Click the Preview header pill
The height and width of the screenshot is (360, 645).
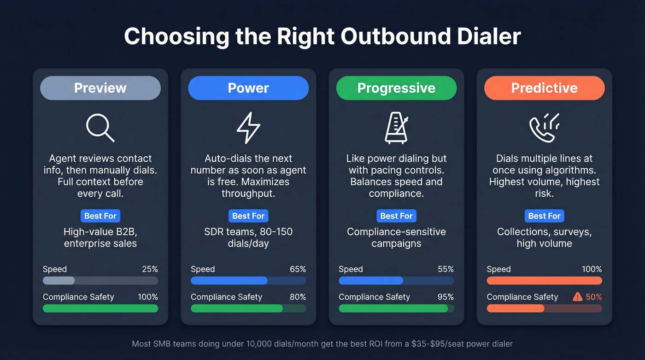coord(100,88)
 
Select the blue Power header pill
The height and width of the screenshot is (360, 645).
coord(248,88)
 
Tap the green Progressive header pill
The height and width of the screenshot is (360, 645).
coord(396,88)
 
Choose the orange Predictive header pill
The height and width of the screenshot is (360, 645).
coord(544,88)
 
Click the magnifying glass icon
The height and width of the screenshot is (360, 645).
coord(100,128)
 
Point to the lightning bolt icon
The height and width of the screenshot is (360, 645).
coord(248,128)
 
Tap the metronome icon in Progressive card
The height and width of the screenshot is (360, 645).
coord(396,128)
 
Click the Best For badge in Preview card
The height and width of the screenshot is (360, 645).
coord(100,216)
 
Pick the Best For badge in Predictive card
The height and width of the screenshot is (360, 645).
coord(544,216)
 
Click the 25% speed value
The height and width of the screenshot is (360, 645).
coord(150,269)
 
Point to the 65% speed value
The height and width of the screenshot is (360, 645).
coord(298,269)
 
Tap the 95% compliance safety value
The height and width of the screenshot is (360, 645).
coord(446,297)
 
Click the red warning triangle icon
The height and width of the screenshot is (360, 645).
coord(577,297)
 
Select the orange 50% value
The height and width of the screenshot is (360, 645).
coord(594,297)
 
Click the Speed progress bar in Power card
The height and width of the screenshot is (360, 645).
coord(248,280)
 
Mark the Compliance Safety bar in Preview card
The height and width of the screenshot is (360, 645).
coord(100,308)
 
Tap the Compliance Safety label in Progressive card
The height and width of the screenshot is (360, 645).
coord(374,297)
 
